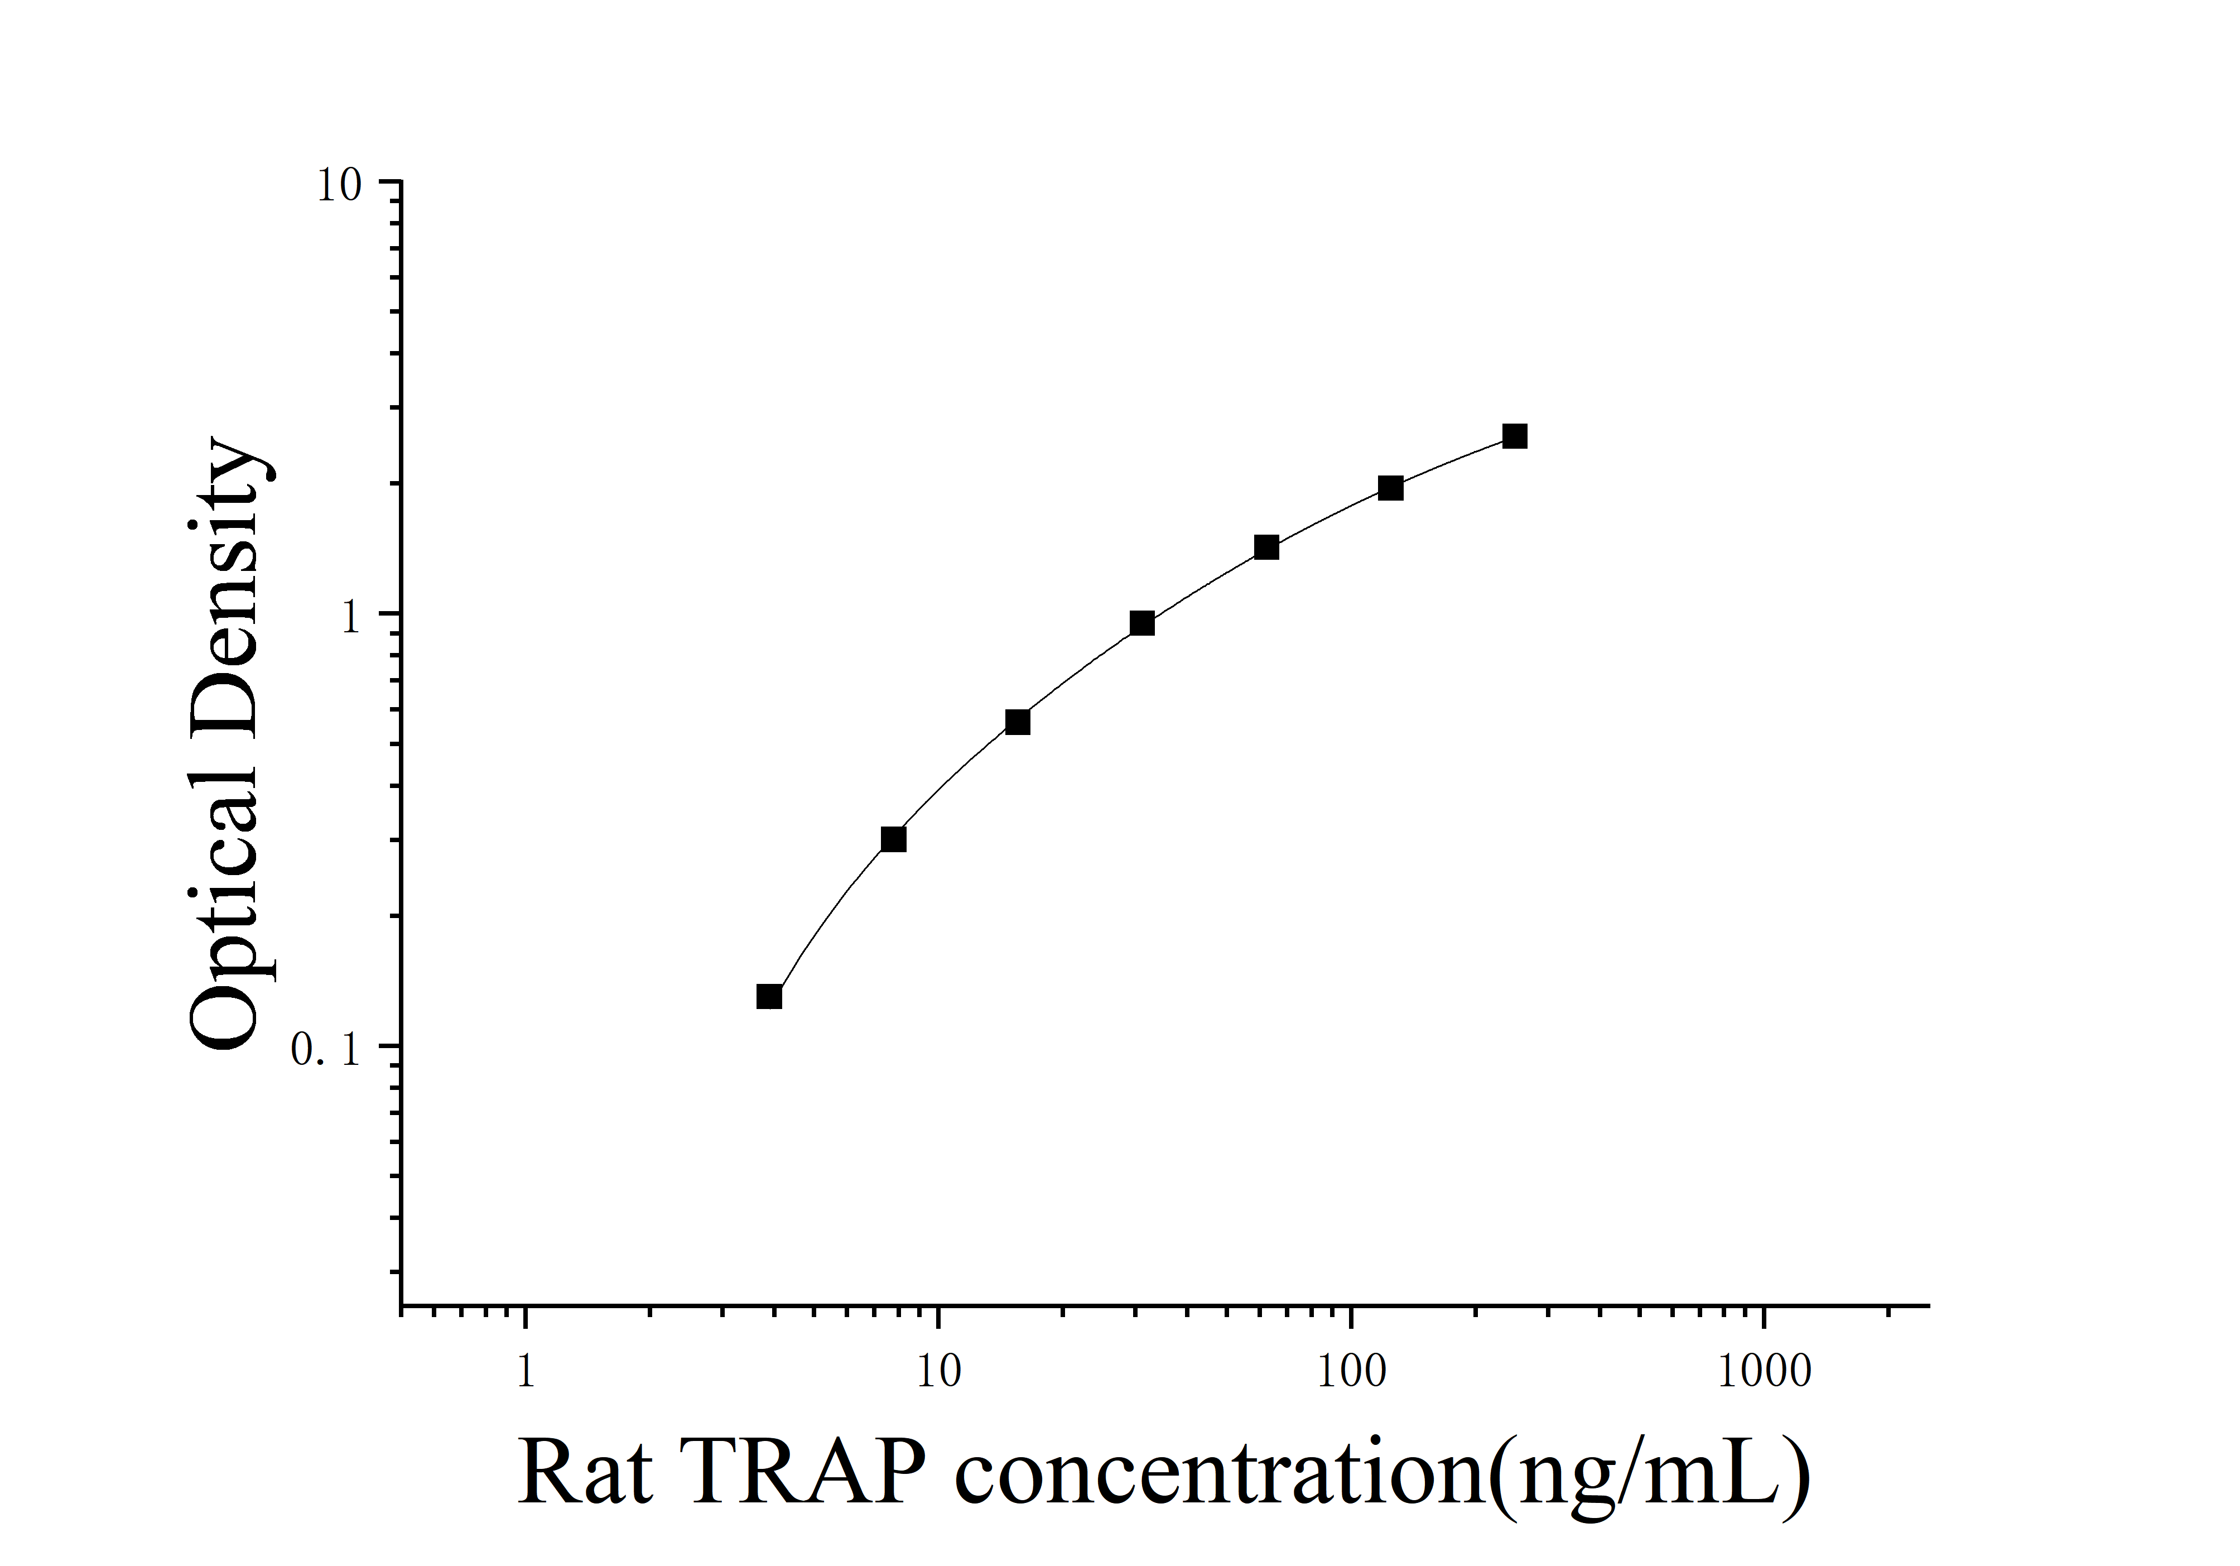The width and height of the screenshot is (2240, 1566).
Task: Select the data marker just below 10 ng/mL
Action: (893, 839)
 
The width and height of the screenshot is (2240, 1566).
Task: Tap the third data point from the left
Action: (1018, 722)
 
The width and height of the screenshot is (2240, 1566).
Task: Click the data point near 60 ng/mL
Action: (1266, 547)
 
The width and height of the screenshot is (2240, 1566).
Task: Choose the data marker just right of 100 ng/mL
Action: (1390, 488)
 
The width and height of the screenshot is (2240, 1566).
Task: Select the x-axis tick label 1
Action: (526, 1372)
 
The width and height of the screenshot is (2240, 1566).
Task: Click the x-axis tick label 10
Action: (937, 1372)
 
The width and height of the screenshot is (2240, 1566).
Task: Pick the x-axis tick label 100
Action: (1351, 1372)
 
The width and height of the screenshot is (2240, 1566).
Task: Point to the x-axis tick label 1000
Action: (1764, 1372)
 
